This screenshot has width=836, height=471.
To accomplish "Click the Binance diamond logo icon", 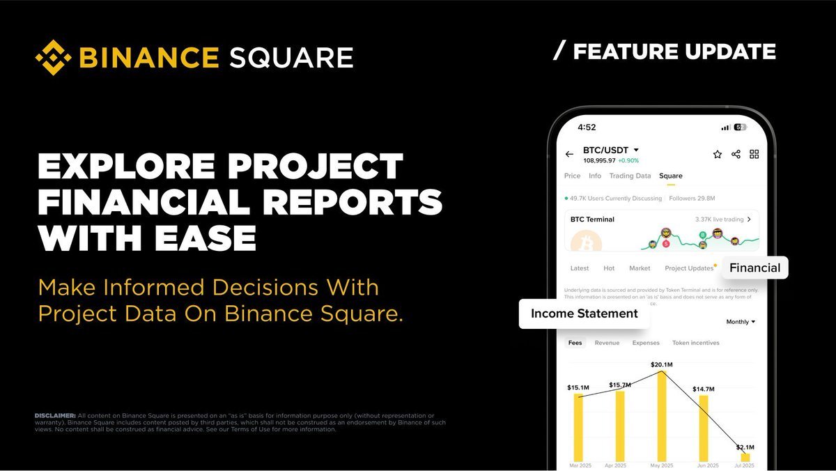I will tap(54, 57).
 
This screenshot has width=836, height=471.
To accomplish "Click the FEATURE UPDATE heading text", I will tap(674, 52).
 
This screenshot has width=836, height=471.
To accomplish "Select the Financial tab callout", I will tap(754, 268).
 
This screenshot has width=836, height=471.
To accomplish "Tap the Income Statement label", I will tap(584, 314).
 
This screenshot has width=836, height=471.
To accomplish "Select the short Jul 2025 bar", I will tap(745, 457).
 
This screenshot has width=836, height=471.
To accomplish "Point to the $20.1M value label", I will tap(661, 364).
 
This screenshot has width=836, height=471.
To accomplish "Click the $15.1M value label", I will tap(578, 387).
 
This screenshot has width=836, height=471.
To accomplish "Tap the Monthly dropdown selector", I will tap(741, 322).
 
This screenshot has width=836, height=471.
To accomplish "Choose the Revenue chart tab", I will tap(607, 343).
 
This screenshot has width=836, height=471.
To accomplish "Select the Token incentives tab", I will tap(695, 343).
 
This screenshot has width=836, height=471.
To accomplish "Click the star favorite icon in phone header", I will tap(717, 154).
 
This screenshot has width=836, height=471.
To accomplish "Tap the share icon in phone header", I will tap(736, 154).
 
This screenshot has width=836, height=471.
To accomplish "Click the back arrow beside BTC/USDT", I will tap(569, 154).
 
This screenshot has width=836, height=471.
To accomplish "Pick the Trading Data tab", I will tap(630, 176).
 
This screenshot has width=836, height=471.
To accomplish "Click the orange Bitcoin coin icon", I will tap(586, 242).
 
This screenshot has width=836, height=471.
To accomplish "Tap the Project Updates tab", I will tap(689, 268).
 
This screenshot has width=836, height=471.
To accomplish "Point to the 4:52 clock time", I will tap(587, 128).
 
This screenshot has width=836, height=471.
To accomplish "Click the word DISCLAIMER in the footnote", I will tap(55, 415).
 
